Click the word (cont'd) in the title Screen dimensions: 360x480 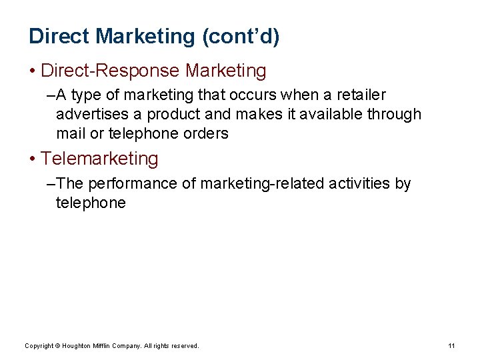241,37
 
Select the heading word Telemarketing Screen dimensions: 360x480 99,159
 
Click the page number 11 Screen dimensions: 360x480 451,345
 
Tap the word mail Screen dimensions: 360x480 71,134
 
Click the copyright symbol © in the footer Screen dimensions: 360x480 57,345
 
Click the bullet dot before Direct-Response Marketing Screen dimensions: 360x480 33,71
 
